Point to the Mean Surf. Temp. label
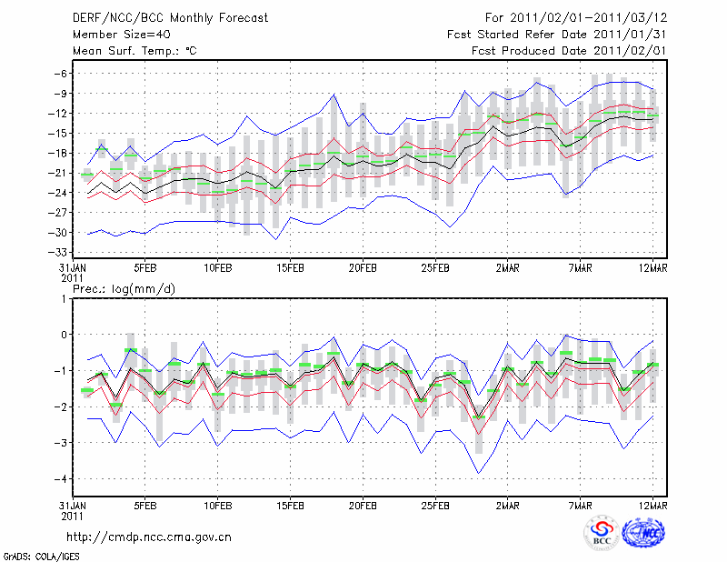(x=134, y=51)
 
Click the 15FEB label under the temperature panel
(x=290, y=269)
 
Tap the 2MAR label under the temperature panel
(x=508, y=269)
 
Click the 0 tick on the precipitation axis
(x=64, y=335)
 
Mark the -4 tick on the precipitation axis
(x=61, y=479)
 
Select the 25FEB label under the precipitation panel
(x=435, y=506)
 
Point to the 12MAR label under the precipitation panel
(x=653, y=506)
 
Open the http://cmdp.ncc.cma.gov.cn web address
(x=150, y=537)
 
